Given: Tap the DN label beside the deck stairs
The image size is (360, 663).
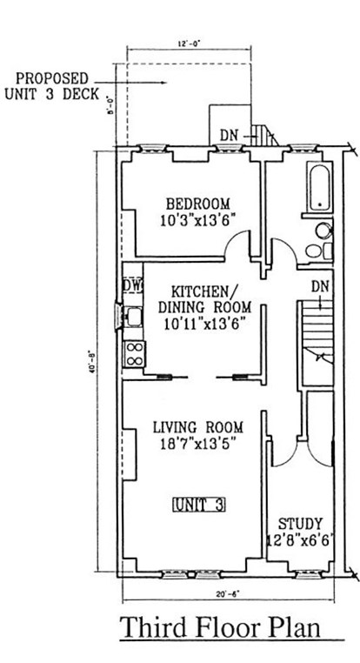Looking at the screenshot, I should (229, 135).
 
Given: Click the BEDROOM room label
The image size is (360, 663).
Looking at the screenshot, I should (192, 205).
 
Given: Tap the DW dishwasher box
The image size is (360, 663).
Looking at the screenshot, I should (132, 285).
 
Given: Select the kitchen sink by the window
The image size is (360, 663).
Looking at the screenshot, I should (134, 317).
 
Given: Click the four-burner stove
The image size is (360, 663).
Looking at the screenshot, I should (135, 352).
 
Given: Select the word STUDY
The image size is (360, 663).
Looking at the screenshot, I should (301, 524).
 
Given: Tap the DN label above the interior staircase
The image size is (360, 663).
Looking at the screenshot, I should (320, 286).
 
